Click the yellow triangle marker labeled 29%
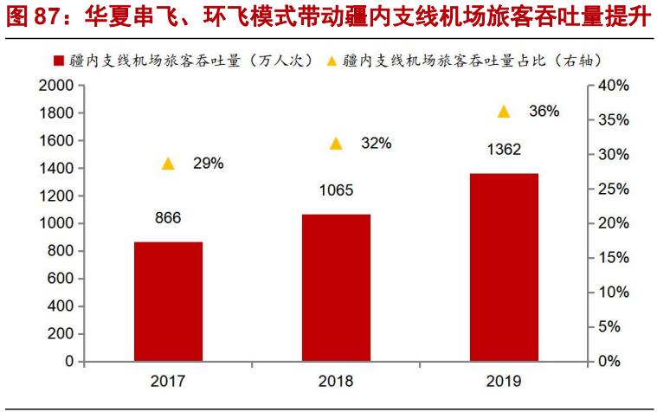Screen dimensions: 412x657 (x=168, y=164)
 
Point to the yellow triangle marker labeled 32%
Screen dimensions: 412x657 (x=336, y=144)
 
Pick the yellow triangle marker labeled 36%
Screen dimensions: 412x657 (x=504, y=112)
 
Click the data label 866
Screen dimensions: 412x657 (x=168, y=218)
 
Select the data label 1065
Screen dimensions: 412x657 (x=336, y=190)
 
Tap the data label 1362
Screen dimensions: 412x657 (x=504, y=150)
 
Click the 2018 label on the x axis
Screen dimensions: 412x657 (x=336, y=381)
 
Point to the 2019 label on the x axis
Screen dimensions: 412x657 (x=504, y=381)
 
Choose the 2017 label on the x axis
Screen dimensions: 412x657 (x=168, y=381)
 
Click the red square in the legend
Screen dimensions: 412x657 (x=59, y=61)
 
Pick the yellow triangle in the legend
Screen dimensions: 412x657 (x=332, y=61)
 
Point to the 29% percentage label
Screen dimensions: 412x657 (x=209, y=163)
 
